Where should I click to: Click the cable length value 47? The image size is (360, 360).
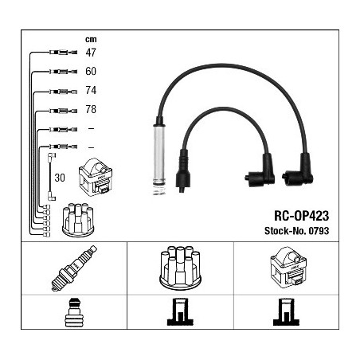[x=91, y=53]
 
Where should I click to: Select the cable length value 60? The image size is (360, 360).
[x=91, y=71]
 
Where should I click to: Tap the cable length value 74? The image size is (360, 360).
[x=91, y=90]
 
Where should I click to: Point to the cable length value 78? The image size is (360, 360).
[x=91, y=109]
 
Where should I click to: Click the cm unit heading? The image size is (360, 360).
[x=91, y=39]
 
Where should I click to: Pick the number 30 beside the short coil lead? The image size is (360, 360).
[x=60, y=178]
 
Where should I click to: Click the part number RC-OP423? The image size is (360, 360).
[x=301, y=216]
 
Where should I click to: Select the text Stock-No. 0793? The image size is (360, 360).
[x=296, y=231]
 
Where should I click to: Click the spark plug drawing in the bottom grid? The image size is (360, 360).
[x=74, y=268]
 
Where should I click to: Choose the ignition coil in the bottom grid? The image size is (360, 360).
[x=288, y=266]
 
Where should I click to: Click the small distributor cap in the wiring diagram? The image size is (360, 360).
[x=78, y=220]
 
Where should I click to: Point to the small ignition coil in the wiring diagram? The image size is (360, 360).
[x=96, y=177]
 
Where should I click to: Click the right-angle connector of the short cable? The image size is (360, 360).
[x=260, y=172]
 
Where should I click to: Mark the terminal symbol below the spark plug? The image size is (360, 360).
[x=74, y=312]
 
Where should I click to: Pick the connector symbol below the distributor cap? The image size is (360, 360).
[x=180, y=312]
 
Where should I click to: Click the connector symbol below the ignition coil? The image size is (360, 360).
[x=286, y=312]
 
